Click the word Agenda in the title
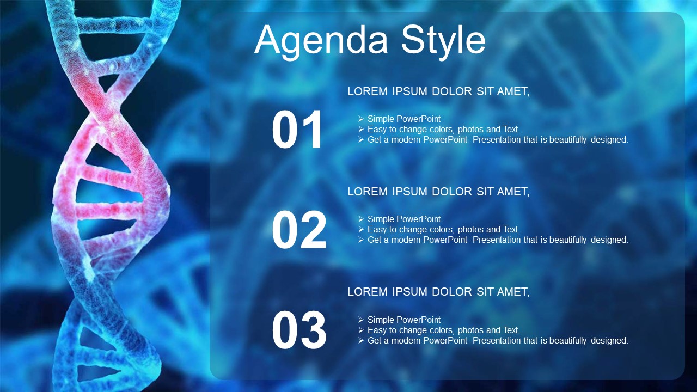pyautogui.click(x=321, y=41)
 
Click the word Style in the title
pyautogui.click(x=443, y=41)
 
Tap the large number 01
pyautogui.click(x=297, y=130)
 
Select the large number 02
pyautogui.click(x=299, y=230)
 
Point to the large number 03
pyautogui.click(x=299, y=330)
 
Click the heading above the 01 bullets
pyautogui.click(x=438, y=91)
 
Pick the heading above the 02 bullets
pyautogui.click(x=438, y=192)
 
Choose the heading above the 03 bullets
pyautogui.click(x=438, y=292)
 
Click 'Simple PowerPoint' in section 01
pyautogui.click(x=404, y=119)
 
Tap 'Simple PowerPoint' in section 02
pyautogui.click(x=404, y=219)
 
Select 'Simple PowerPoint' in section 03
pyautogui.click(x=404, y=320)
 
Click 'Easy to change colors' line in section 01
pyautogui.click(x=444, y=130)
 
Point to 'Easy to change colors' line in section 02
pyautogui.click(x=444, y=230)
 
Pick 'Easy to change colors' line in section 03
pyautogui.click(x=444, y=330)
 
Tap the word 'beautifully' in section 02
pyautogui.click(x=568, y=240)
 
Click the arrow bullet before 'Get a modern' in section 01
pyautogui.click(x=361, y=140)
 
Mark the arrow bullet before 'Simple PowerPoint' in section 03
pyautogui.click(x=361, y=320)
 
